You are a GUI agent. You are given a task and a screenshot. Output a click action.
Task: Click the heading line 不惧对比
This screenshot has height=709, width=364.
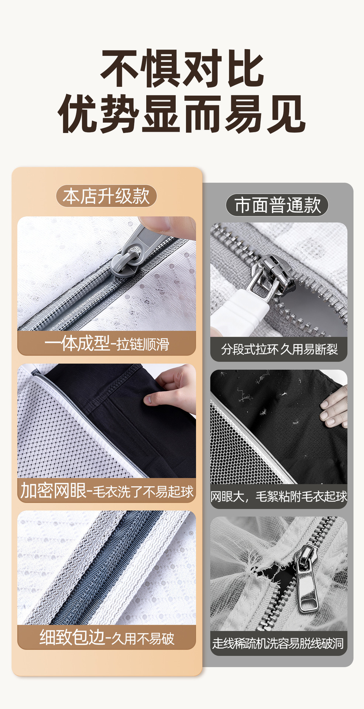182,68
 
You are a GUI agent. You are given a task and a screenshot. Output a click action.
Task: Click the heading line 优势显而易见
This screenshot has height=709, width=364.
182,114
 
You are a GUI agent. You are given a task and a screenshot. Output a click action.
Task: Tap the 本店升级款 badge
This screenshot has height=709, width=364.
106,196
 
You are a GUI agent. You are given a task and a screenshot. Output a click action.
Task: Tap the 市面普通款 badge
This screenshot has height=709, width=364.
277,205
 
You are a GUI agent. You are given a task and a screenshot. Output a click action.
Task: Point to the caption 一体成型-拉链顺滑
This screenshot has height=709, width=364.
107,343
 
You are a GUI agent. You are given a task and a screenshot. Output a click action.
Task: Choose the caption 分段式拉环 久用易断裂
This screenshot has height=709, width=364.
279,349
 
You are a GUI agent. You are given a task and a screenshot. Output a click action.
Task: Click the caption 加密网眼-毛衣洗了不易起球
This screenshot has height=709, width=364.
107,491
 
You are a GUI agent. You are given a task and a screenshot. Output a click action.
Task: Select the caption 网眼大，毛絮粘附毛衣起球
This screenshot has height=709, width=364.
279,496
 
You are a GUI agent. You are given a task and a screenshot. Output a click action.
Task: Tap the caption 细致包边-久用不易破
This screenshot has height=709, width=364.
107,638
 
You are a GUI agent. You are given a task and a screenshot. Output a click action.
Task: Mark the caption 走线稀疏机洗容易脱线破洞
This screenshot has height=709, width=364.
278,643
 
